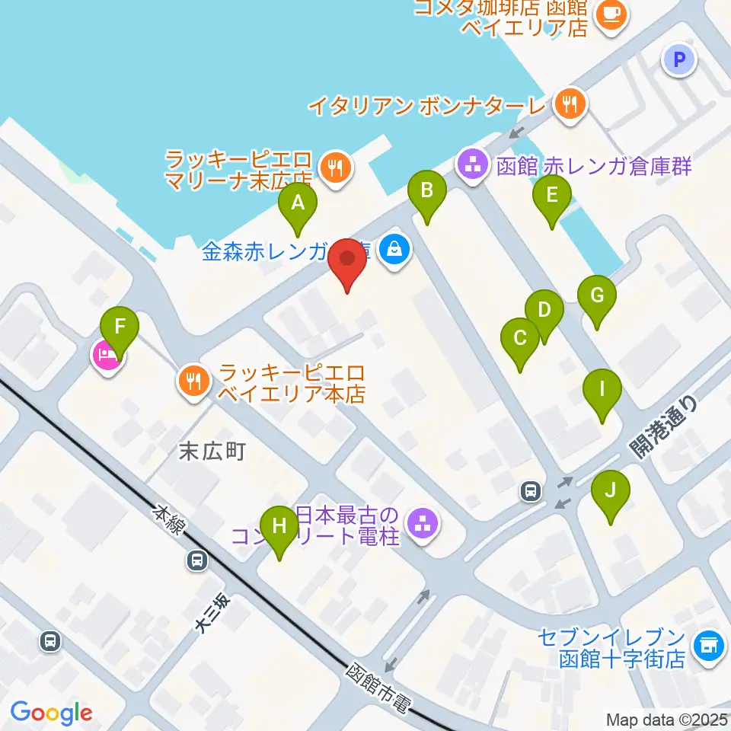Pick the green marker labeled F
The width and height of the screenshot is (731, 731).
pyautogui.click(x=120, y=328)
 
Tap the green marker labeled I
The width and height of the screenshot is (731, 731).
pyautogui.click(x=602, y=392)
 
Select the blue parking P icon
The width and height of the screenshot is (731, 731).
pyautogui.click(x=679, y=59)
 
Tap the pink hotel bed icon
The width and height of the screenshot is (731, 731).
pyautogui.click(x=107, y=355)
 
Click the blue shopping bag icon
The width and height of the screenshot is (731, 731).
pyautogui.click(x=394, y=248)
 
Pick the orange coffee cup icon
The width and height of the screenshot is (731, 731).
pyautogui.click(x=611, y=13)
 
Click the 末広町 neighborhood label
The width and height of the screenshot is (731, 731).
pyautogui.click(x=212, y=452)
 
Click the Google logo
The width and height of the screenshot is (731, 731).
pyautogui.click(x=51, y=713)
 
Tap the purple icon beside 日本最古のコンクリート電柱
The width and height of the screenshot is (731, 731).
pyautogui.click(x=421, y=523)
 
